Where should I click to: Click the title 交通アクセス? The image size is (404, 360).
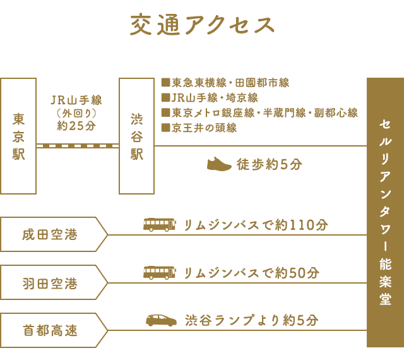202,25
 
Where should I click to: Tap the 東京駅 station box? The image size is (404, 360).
18,136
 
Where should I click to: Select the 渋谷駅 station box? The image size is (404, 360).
136,136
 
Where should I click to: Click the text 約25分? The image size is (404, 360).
76,126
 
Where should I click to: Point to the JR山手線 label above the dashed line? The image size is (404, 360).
76,100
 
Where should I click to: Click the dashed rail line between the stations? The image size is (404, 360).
78,146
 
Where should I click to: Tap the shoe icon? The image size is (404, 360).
219,164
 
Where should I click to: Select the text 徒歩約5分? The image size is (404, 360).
270,164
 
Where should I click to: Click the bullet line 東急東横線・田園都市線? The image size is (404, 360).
225,83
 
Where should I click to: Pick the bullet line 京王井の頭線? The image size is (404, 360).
199,128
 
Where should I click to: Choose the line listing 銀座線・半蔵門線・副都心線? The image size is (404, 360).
259,113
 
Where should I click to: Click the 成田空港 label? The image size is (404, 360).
50,235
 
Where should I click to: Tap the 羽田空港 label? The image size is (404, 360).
50,283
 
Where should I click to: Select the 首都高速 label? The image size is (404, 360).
50,330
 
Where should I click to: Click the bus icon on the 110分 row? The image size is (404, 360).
160,225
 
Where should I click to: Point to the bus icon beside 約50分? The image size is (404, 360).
160,273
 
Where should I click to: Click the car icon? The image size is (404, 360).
162,321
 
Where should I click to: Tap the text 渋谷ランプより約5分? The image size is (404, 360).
251,321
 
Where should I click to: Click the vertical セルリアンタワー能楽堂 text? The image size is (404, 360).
386,212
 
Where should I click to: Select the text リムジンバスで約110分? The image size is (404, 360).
256,225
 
